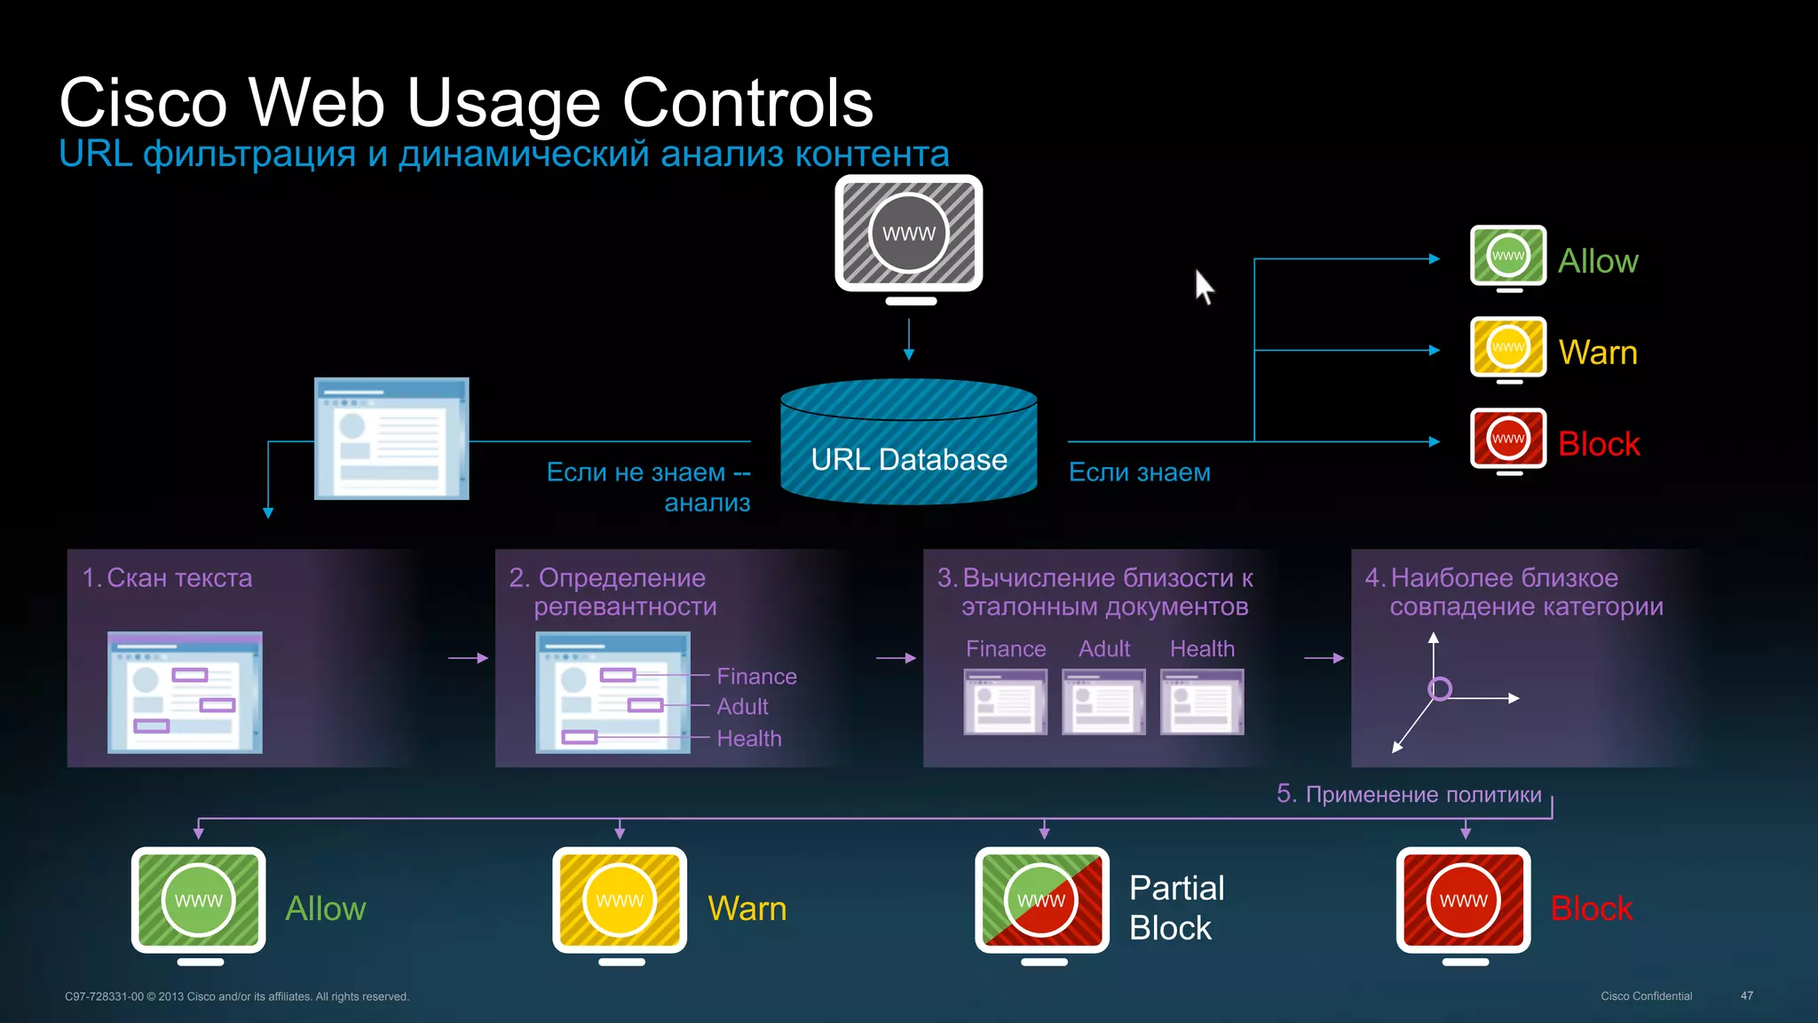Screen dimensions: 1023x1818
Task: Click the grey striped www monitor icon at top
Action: pos(908,234)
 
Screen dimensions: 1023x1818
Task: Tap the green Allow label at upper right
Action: pos(1598,261)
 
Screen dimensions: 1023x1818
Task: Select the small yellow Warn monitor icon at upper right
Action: pos(1507,347)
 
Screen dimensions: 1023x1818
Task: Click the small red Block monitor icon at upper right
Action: pos(1507,439)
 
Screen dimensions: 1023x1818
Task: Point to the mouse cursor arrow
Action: pos(1203,286)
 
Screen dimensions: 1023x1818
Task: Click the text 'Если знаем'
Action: pos(1139,472)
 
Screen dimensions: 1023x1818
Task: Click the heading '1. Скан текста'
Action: pos(168,578)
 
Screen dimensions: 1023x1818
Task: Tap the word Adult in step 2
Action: pos(742,707)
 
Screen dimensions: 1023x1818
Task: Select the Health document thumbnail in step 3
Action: pos(1201,702)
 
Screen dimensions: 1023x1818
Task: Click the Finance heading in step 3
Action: pos(1006,649)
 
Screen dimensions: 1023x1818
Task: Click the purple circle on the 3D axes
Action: pos(1439,688)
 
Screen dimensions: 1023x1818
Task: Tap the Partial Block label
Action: pos(1175,908)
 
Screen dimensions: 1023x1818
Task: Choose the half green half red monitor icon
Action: pos(1042,900)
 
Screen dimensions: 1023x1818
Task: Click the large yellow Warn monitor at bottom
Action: pos(620,900)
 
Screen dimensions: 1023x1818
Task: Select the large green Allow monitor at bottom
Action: pos(199,900)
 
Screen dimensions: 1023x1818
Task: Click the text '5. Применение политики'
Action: pos(1409,794)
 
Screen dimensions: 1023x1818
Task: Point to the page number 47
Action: pos(1746,995)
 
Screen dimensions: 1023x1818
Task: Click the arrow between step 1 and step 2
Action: pos(468,658)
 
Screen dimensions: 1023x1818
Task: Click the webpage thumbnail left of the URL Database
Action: pos(391,439)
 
